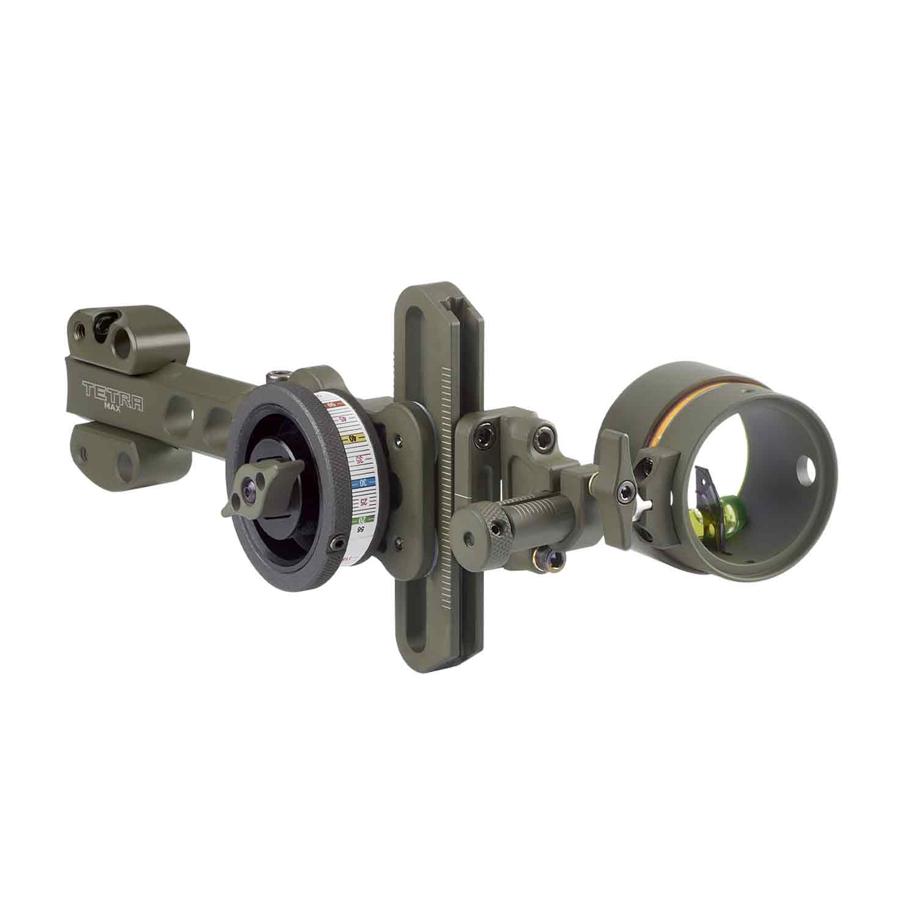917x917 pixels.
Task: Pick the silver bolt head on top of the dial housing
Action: tap(281, 372)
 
